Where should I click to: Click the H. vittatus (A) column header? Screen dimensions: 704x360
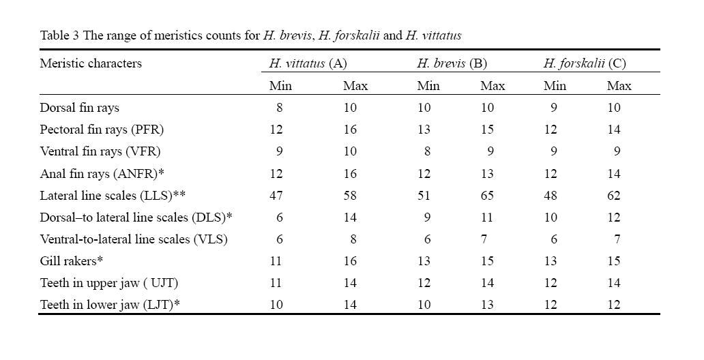(x=308, y=63)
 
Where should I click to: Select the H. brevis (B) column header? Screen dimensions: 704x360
(x=452, y=63)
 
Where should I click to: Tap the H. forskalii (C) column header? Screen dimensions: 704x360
(x=585, y=63)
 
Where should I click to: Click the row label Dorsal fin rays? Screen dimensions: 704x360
(x=79, y=108)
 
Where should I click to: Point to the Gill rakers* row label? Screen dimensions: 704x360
(x=72, y=261)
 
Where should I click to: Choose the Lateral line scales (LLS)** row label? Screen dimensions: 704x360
(x=113, y=195)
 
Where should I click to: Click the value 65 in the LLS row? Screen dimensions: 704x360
(x=487, y=195)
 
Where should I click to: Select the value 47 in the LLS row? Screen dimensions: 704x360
(x=276, y=195)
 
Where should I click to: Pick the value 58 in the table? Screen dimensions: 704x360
(x=350, y=195)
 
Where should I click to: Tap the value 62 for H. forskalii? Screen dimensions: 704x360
(x=614, y=195)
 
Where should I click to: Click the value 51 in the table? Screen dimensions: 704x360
(x=424, y=195)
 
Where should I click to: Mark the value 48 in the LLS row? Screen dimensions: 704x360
(x=551, y=195)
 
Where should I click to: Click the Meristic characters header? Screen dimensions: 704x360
(x=91, y=63)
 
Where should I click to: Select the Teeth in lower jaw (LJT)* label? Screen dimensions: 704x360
(x=110, y=305)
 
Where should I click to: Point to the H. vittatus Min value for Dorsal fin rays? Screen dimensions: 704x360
(x=280, y=108)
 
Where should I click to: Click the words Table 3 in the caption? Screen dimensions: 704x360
(x=60, y=35)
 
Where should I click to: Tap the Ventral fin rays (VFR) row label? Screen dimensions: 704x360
(x=100, y=151)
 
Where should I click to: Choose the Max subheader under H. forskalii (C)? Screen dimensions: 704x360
(x=619, y=85)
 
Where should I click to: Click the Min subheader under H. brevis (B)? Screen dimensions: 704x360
(x=428, y=85)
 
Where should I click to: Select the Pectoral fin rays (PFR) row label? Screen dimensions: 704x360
(x=102, y=130)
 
